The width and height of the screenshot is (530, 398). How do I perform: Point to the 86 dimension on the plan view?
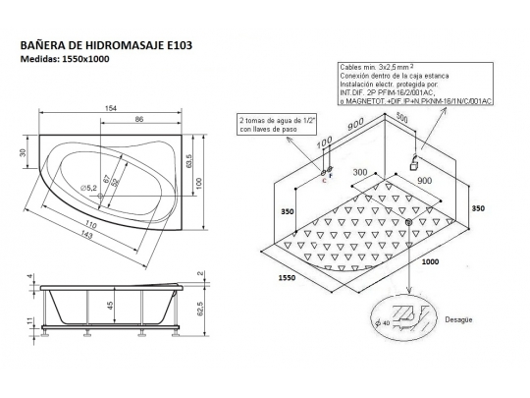coord(140,119)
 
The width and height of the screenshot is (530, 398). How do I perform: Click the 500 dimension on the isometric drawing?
coord(402,116)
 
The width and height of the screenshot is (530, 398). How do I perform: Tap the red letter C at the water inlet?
coord(323,182)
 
